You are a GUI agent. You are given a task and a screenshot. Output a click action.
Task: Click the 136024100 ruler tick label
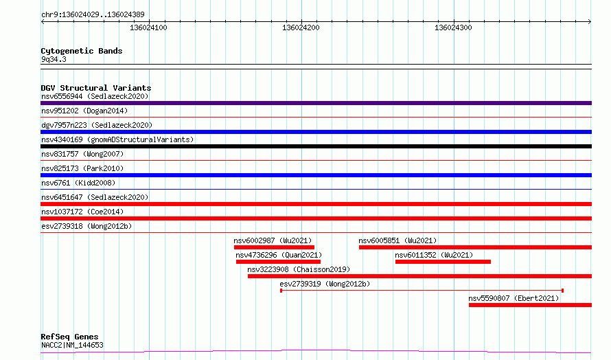[148, 27]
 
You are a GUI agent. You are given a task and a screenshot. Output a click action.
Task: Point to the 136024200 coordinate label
[301, 27]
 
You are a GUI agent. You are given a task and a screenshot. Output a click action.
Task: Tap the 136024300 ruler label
[453, 27]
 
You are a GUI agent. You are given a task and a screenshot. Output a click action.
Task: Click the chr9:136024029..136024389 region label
[93, 14]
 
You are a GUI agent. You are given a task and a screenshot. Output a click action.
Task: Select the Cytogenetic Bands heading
[82, 51]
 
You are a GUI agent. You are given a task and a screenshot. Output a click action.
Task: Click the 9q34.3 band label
[54, 59]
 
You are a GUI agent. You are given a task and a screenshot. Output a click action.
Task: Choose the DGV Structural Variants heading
[96, 88]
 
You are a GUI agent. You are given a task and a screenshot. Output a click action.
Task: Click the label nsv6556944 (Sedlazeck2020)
[95, 96]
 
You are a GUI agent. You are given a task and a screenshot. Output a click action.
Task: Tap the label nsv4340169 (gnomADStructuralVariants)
[117, 139]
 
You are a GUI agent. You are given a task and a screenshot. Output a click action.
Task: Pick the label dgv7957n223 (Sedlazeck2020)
[97, 125]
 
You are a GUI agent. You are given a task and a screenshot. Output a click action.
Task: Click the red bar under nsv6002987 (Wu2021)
[274, 247]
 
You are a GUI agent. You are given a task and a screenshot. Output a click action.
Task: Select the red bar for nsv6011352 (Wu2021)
[443, 262]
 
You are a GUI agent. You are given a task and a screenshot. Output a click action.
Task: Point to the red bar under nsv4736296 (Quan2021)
[278, 262]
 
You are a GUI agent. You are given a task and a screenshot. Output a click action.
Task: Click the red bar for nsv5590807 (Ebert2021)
[530, 305]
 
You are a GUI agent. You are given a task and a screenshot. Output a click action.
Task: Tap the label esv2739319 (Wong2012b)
[325, 284]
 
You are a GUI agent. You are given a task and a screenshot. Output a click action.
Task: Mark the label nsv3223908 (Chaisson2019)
[299, 269]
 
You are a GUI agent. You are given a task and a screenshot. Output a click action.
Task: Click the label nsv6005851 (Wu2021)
[397, 240]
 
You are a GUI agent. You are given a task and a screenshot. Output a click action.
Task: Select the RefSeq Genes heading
[69, 337]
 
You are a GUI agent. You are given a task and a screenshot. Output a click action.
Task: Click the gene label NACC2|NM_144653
[72, 345]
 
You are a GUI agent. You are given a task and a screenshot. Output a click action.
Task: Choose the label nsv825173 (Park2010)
[82, 168]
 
